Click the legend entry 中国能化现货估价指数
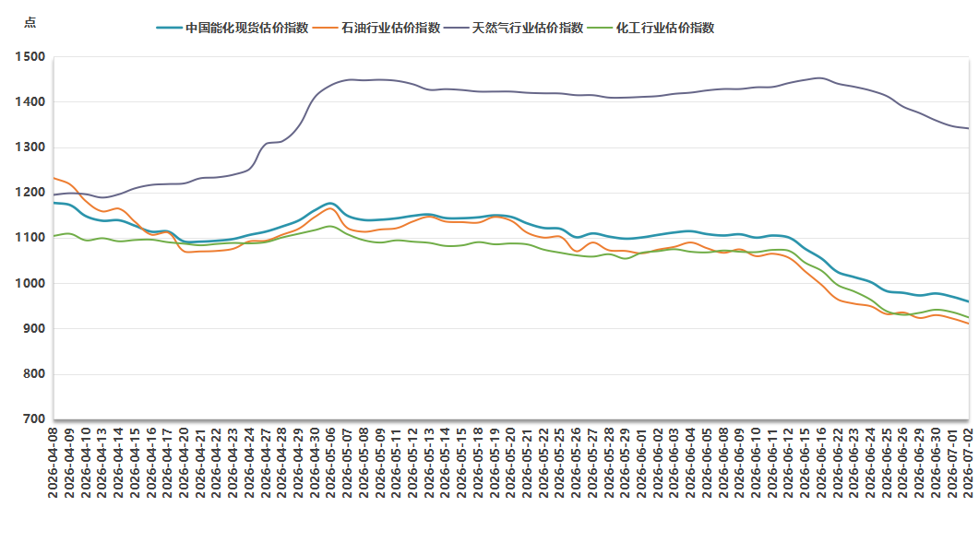pyautogui.click(x=233, y=28)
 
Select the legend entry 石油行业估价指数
pyautogui.click(x=376, y=28)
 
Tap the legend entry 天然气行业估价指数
pyautogui.click(x=514, y=28)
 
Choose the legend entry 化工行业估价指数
pyautogui.click(x=651, y=28)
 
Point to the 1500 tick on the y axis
pyautogui.click(x=30, y=57)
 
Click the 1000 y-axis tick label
pyautogui.click(x=30, y=283)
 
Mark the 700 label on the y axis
pyautogui.click(x=34, y=419)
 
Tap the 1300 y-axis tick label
pyautogui.click(x=30, y=147)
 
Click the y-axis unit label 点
pyautogui.click(x=30, y=23)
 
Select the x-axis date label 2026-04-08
pyautogui.click(x=54, y=463)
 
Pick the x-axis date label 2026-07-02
pyautogui.click(x=968, y=463)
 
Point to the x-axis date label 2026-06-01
pyautogui.click(x=641, y=463)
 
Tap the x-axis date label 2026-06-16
pyautogui.click(x=821, y=463)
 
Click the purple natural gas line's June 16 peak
pyautogui.click(x=819, y=78)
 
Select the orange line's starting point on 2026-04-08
pyautogui.click(x=54, y=179)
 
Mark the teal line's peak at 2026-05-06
pyautogui.click(x=330, y=204)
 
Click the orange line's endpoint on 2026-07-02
pyautogui.click(x=968, y=324)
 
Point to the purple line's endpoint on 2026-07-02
pyautogui.click(x=968, y=128)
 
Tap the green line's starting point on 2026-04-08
pyautogui.click(x=54, y=236)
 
